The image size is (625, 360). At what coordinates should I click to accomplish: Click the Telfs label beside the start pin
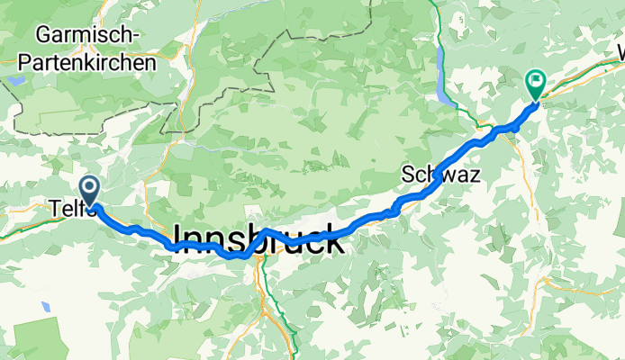tap(63, 209)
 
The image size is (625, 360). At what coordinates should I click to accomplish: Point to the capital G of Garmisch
tap(42, 36)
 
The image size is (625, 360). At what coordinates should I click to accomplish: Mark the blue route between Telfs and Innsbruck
tap(135, 229)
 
